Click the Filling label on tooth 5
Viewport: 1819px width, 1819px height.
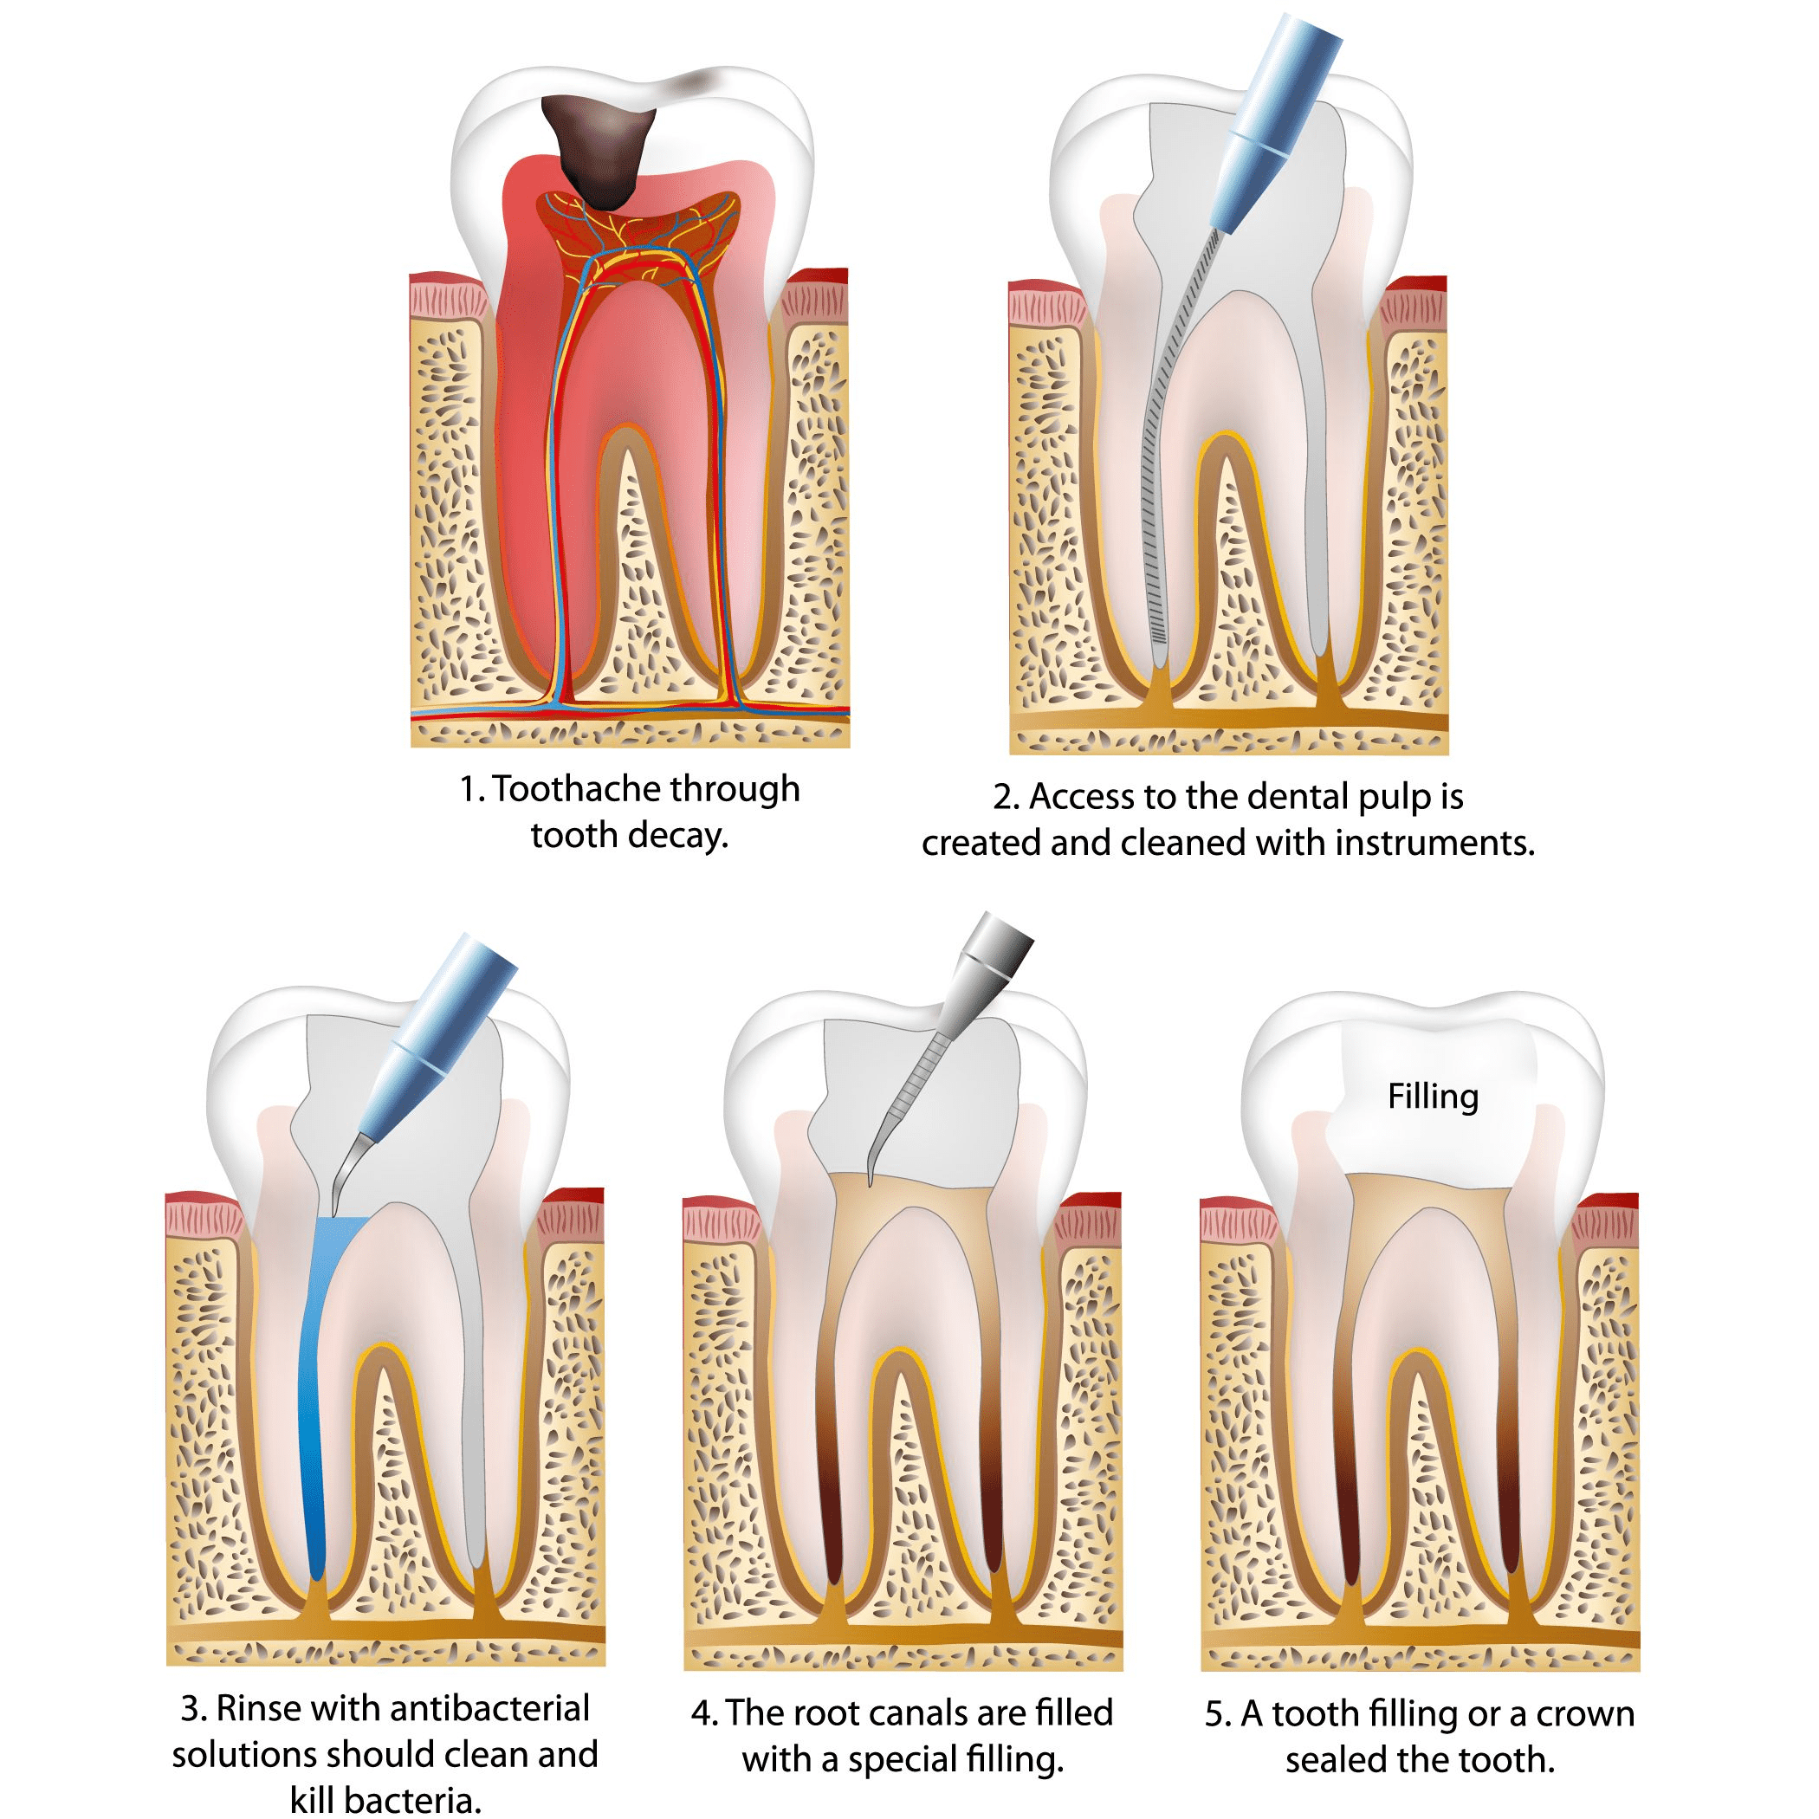1432,1097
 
